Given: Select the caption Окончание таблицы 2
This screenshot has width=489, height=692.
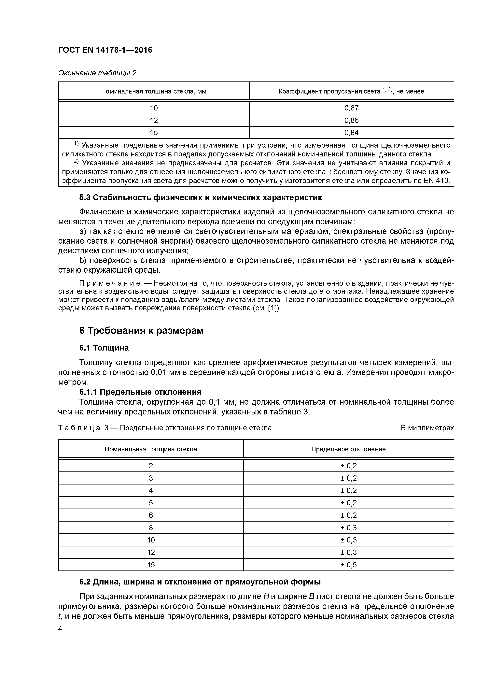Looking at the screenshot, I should pyautogui.click(x=97, y=73).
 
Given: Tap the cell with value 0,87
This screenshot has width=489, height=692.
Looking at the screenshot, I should pyautogui.click(x=351, y=108).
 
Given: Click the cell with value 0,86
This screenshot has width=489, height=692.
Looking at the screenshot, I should pyautogui.click(x=351, y=120).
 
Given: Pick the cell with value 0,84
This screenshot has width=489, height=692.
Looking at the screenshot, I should pyautogui.click(x=351, y=133).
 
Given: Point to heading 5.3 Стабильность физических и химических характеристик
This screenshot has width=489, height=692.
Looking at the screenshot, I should pyautogui.click(x=200, y=198).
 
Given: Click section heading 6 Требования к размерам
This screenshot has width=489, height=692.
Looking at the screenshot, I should pyautogui.click(x=141, y=331).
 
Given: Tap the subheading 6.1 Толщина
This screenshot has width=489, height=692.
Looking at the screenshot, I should pyautogui.click(x=104, y=348).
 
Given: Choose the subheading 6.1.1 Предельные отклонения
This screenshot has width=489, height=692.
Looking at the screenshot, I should pyautogui.click(x=140, y=392).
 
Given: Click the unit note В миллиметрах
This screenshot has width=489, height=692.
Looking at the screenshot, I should pyautogui.click(x=427, y=428).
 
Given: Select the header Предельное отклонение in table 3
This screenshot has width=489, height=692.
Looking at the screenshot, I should pyautogui.click(x=348, y=449).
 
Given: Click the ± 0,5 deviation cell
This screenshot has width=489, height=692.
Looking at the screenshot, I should pyautogui.click(x=348, y=565).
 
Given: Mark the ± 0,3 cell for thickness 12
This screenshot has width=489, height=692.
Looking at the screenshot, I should pyautogui.click(x=348, y=553).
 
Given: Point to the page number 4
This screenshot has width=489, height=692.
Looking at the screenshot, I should pyautogui.click(x=60, y=629).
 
